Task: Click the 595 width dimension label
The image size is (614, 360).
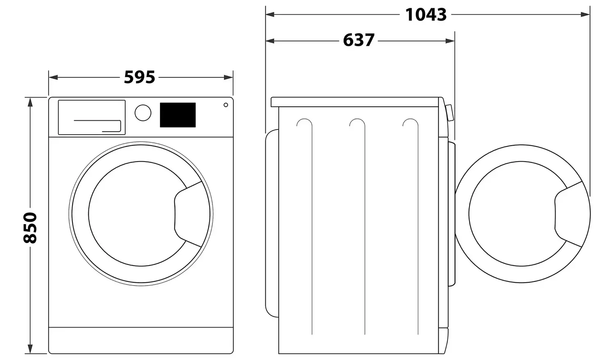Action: pos(140,77)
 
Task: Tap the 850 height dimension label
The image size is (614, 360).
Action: pos(30,228)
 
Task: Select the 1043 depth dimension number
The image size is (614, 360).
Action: pos(426,15)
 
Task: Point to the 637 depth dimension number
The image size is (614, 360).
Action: pos(359,40)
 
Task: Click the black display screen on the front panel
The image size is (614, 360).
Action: pos(178,115)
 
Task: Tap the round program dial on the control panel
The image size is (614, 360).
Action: pos(143,112)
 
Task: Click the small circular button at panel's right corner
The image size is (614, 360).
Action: pos(226,105)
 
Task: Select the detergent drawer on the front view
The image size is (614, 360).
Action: pos(92,117)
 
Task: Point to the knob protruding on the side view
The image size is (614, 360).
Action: pos(449,113)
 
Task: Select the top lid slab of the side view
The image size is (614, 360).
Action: pos(356,102)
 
